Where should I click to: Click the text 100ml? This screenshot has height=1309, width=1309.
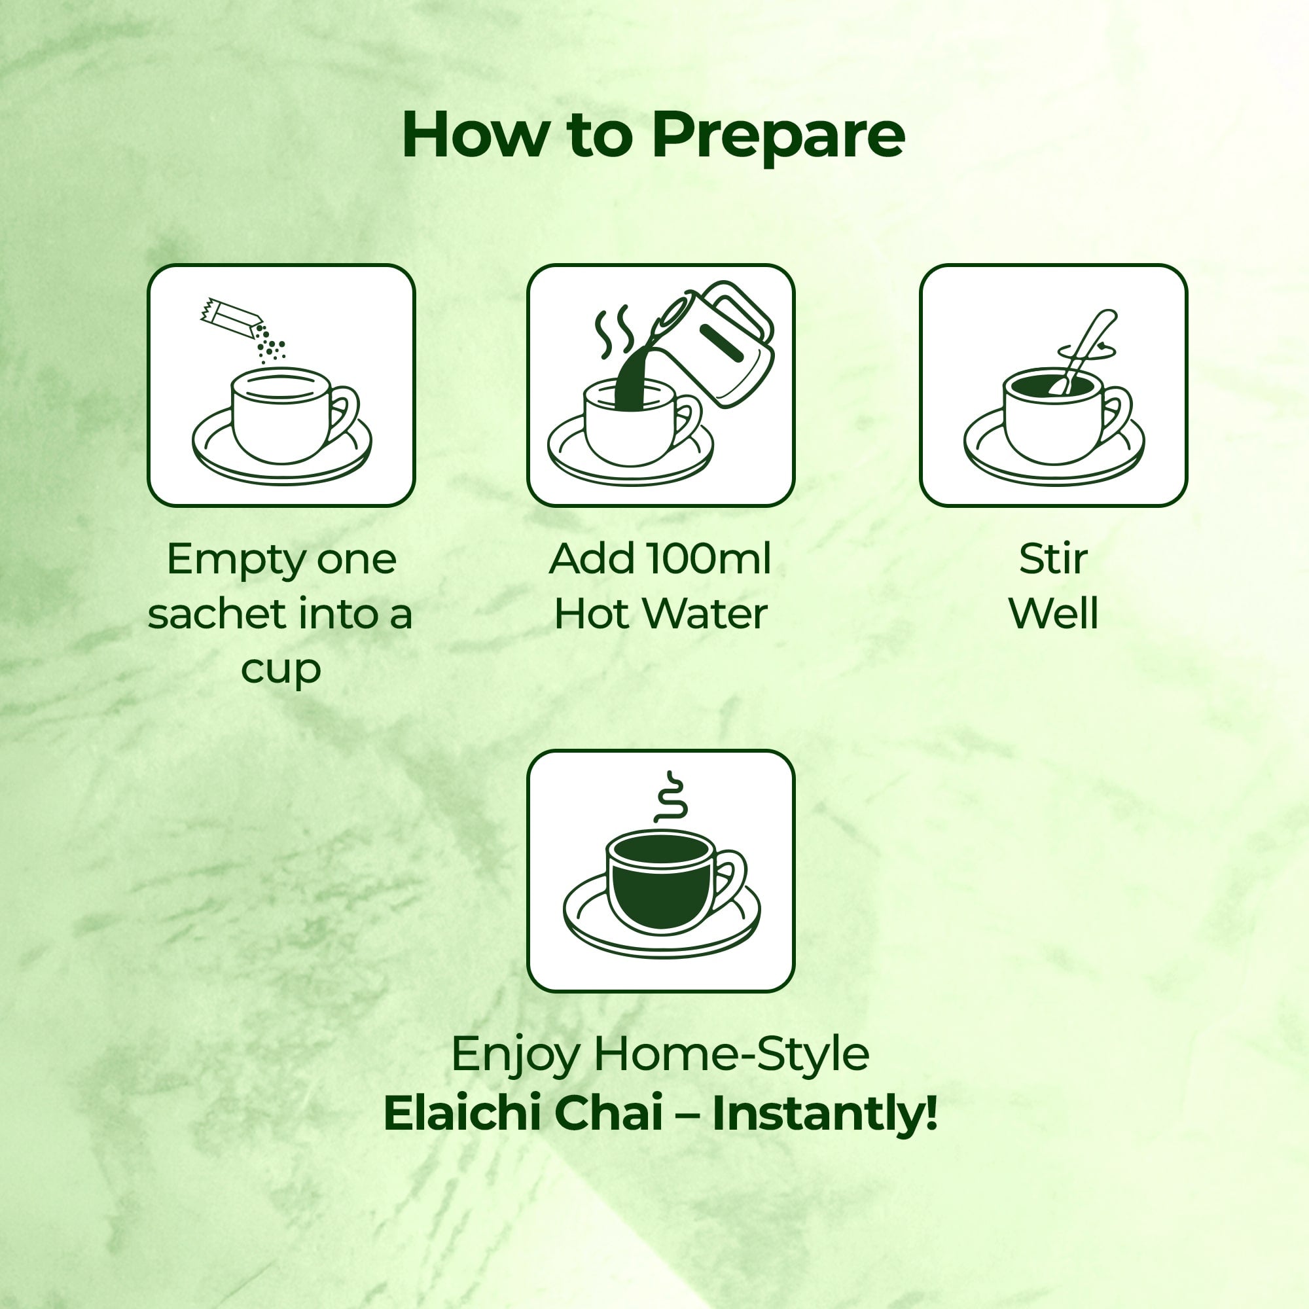(709, 559)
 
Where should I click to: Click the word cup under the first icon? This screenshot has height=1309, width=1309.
(281, 670)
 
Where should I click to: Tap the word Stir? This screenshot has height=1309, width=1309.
(1053, 559)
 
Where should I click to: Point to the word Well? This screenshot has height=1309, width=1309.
(1053, 614)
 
